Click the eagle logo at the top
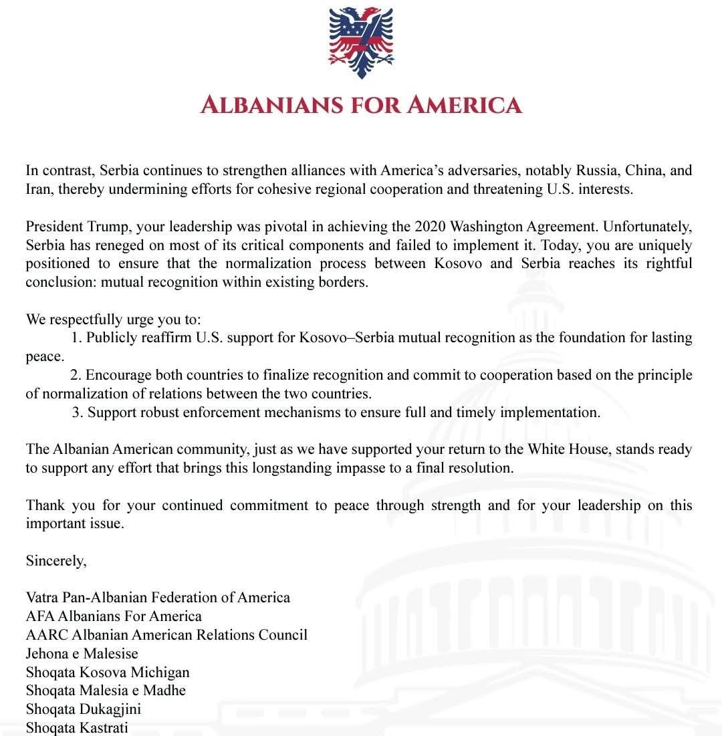pyautogui.click(x=361, y=42)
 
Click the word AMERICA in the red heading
pyautogui.click(x=466, y=105)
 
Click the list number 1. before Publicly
pyautogui.click(x=76, y=338)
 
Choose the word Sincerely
pyautogui.click(x=56, y=560)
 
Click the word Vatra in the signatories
pyautogui.click(x=43, y=597)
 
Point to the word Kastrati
pyautogui.click(x=104, y=727)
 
